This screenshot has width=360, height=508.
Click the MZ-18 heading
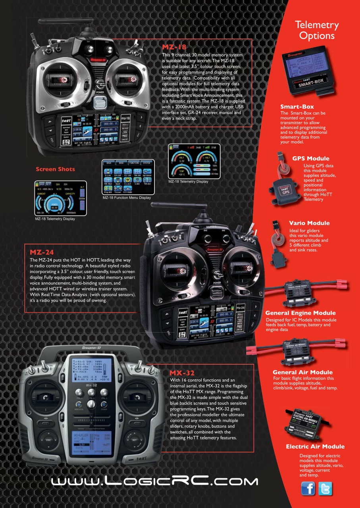click(x=174, y=47)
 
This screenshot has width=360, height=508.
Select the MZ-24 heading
click(x=42, y=252)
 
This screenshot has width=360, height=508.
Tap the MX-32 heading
click(x=182, y=373)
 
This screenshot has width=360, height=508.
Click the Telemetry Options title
click(x=317, y=31)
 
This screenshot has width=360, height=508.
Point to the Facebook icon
click(x=308, y=488)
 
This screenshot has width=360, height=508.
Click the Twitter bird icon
click(x=325, y=488)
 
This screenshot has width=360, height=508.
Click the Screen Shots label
click(x=55, y=169)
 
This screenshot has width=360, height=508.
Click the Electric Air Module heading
click(x=315, y=446)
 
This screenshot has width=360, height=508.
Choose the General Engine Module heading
click(x=300, y=313)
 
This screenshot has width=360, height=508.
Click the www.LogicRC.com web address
click(x=154, y=481)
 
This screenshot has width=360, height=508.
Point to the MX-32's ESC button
click(x=48, y=440)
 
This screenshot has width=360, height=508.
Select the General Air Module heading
click(x=302, y=372)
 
